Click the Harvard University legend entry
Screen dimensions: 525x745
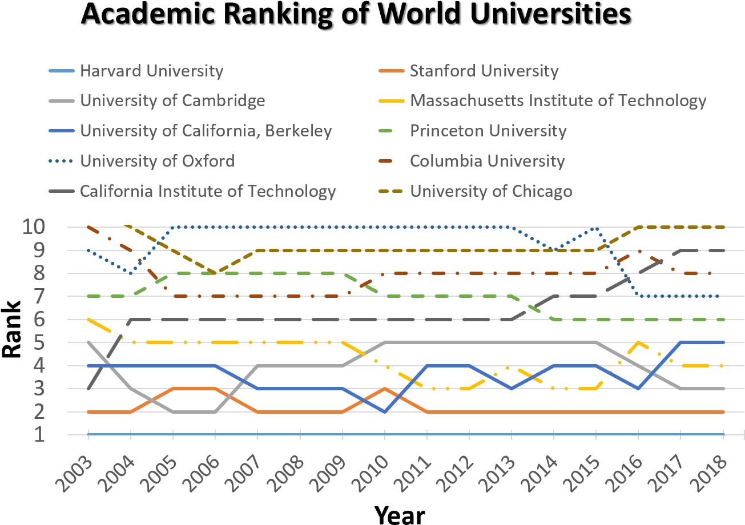click(x=151, y=71)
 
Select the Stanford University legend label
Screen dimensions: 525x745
click(x=484, y=71)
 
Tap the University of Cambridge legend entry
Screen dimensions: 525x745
click(x=172, y=101)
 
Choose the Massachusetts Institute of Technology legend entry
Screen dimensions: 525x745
click(x=558, y=101)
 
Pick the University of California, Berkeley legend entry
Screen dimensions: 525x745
click(x=206, y=131)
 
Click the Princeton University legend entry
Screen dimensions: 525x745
click(x=488, y=131)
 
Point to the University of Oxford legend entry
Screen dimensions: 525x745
click(x=157, y=160)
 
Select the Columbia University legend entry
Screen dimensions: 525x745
click(x=487, y=161)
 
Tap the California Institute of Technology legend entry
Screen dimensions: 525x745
click(x=208, y=191)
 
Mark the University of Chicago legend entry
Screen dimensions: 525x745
click(x=491, y=191)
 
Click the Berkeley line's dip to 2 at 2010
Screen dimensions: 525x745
click(x=385, y=411)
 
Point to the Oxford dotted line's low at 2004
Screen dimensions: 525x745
click(x=131, y=273)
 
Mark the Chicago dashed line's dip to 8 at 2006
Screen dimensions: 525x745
click(x=215, y=273)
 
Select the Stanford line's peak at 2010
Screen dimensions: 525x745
click(x=385, y=389)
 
